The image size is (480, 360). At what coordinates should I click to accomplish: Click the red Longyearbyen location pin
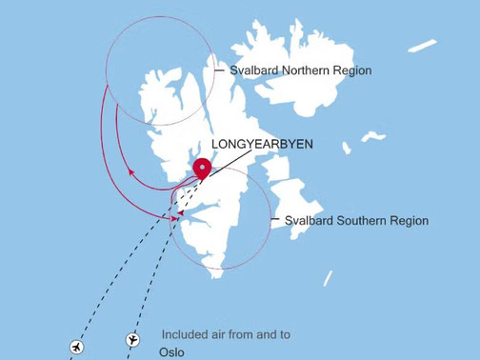pos(202,169)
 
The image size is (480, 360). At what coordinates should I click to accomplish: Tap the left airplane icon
pos(76,346)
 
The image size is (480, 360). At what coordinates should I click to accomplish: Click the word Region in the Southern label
pos(409,221)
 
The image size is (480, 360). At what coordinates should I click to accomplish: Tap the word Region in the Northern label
pos(353,71)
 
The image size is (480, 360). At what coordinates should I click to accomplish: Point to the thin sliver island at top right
pos(422,46)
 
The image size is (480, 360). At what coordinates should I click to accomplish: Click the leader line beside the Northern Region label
pos(220,70)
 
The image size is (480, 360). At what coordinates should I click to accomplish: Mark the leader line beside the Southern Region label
pos(275,220)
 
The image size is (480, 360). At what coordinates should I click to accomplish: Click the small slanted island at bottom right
pos(328,277)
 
